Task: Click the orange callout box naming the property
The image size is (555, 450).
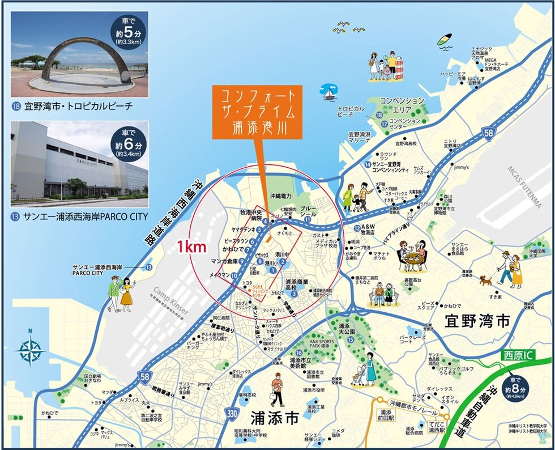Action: [258, 112]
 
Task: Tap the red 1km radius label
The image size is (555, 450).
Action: [190, 248]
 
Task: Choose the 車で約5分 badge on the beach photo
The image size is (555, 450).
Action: [128, 32]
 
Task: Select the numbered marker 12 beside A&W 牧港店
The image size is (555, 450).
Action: [357, 228]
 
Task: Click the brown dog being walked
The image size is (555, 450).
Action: [485, 279]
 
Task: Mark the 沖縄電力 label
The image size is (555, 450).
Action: [280, 196]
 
